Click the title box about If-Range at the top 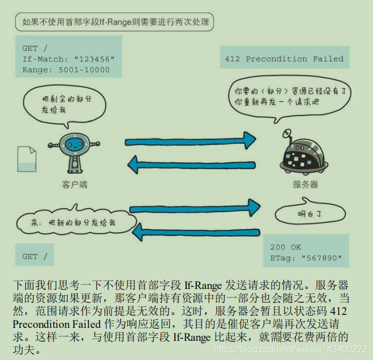(x=116, y=23)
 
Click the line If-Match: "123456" (x=68, y=59)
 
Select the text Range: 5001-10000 (x=66, y=70)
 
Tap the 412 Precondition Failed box (x=283, y=59)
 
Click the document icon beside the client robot (x=27, y=159)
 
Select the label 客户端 (x=74, y=185)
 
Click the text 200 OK (x=286, y=247)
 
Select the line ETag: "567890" (x=305, y=258)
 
